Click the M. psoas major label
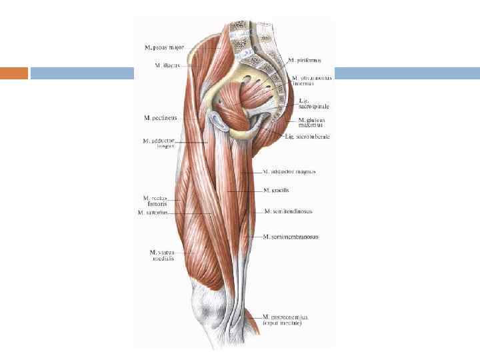click(x=164, y=47)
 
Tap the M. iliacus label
click(x=166, y=65)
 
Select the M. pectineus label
click(x=160, y=118)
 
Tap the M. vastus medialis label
click(x=162, y=255)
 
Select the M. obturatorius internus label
click(x=312, y=81)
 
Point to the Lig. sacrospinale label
click(x=313, y=103)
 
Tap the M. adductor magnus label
click(x=289, y=172)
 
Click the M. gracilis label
click(x=276, y=190)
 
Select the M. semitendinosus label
click(x=288, y=211)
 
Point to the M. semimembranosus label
click(x=290, y=237)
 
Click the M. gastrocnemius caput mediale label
click(x=285, y=320)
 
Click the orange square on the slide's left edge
click(x=14, y=73)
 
